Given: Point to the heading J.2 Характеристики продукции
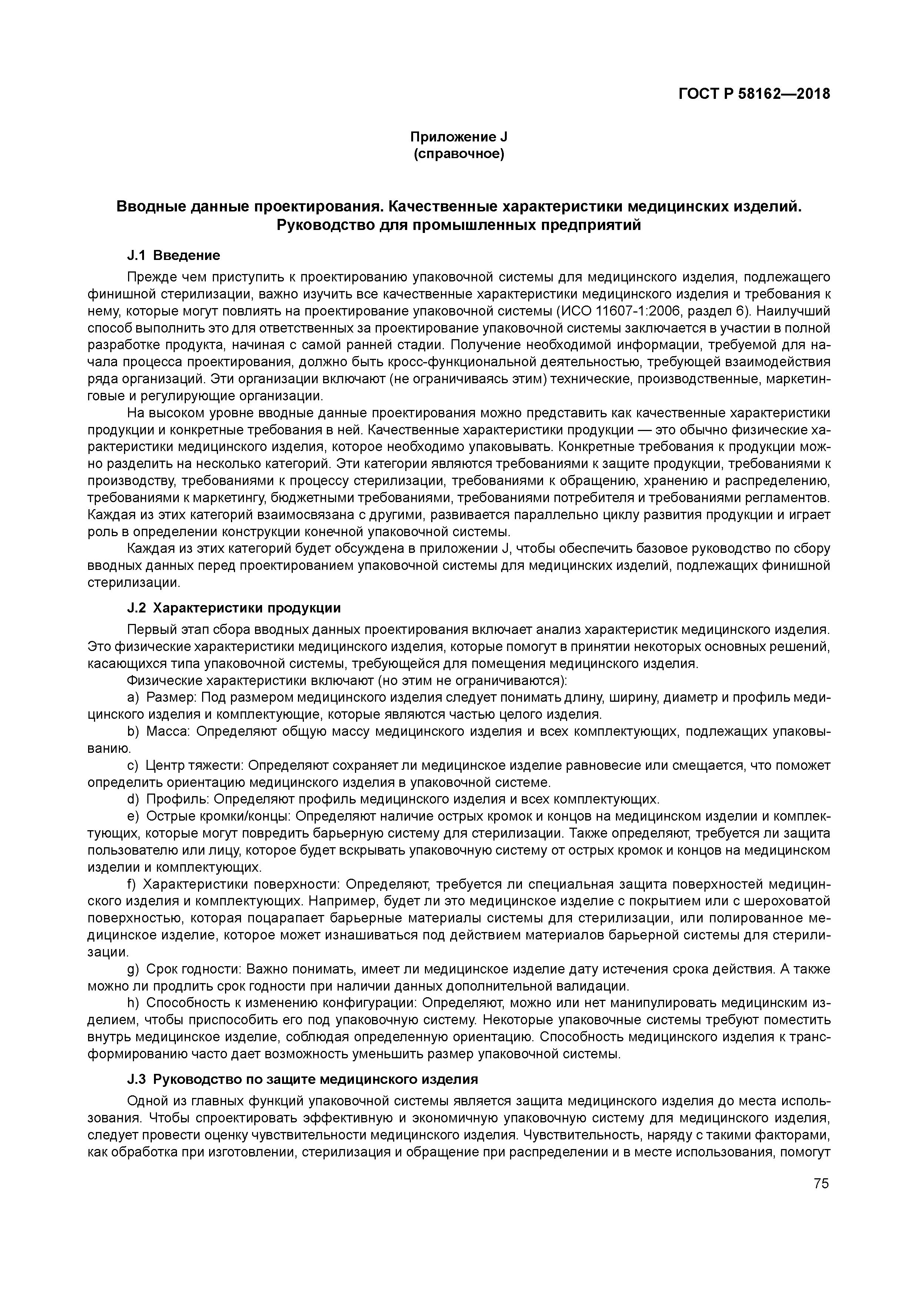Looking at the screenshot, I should click(x=234, y=608).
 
